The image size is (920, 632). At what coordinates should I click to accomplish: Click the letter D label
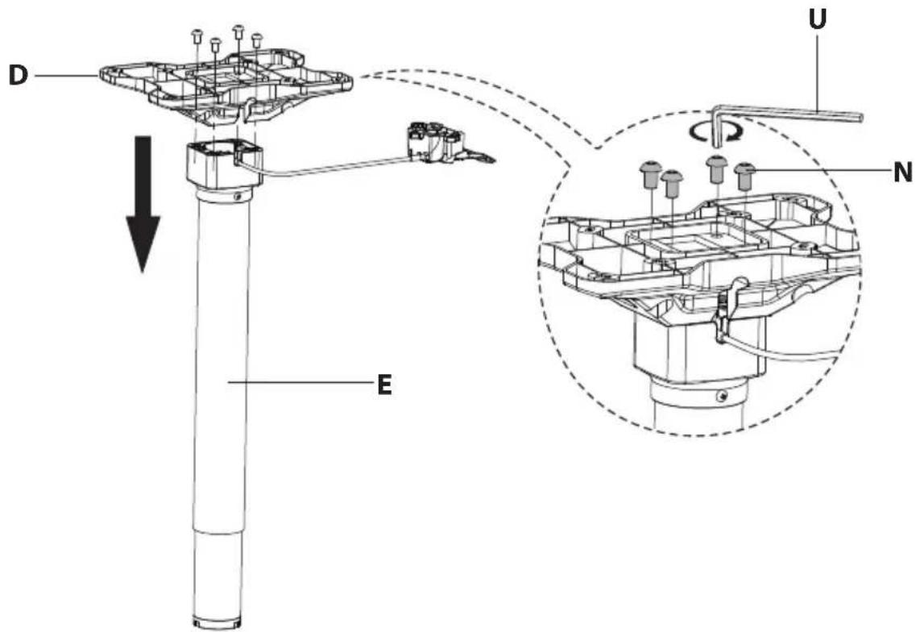click(x=19, y=76)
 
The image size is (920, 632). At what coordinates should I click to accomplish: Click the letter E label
click(x=384, y=385)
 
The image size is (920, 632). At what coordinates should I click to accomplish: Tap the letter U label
click(x=818, y=19)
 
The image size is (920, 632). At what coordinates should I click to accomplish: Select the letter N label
click(x=903, y=173)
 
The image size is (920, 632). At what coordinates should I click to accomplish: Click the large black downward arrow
click(x=143, y=205)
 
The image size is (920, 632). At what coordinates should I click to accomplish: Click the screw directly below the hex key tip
click(x=715, y=168)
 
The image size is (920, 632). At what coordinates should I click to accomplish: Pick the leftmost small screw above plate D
click(x=197, y=36)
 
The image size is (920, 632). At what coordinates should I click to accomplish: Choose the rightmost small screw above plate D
click(x=256, y=40)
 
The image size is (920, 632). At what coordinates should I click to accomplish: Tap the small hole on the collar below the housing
click(x=237, y=196)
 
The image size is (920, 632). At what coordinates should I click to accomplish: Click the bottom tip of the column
click(x=217, y=622)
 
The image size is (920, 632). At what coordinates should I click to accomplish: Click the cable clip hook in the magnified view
click(x=727, y=309)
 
